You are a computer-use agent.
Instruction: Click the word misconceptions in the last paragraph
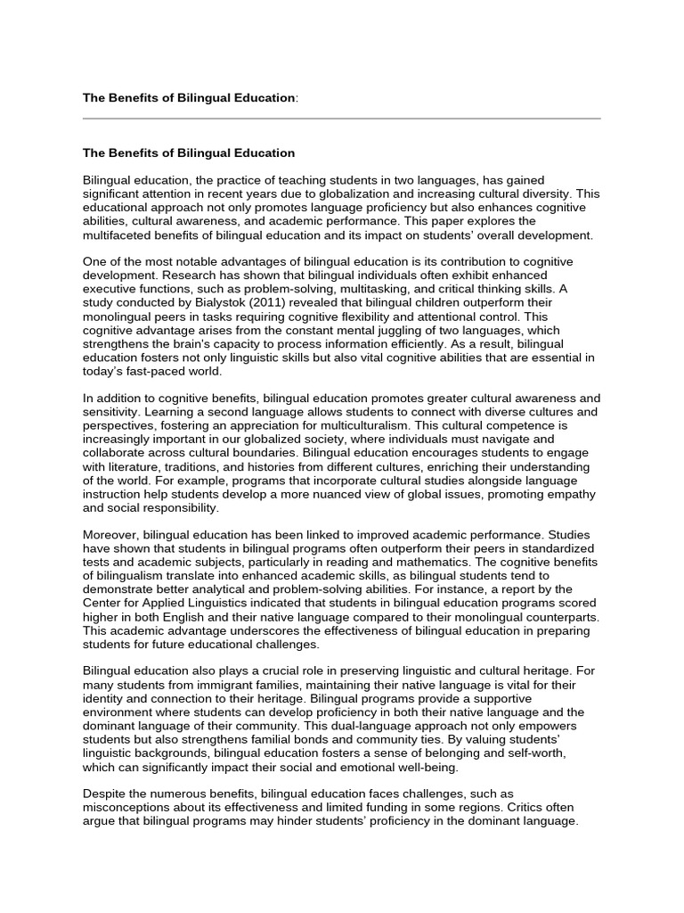pos(131,807)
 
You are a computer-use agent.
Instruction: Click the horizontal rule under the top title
pos(342,118)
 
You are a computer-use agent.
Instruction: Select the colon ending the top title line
pos(297,97)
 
